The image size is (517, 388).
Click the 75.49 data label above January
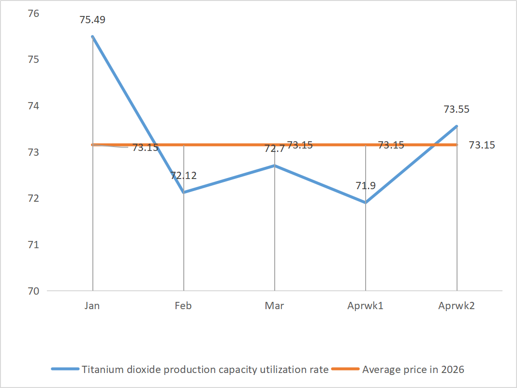(93, 20)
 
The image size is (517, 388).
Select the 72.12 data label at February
(183, 176)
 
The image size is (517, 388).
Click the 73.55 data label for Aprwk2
(456, 109)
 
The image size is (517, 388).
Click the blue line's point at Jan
(92, 37)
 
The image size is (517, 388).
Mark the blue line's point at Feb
(184, 193)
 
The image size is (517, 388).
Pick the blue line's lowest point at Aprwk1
(366, 203)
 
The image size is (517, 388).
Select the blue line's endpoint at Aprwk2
(457, 126)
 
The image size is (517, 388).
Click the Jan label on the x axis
(92, 306)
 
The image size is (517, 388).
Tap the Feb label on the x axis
(183, 306)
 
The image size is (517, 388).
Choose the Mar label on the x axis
(274, 306)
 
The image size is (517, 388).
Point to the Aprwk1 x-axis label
(365, 306)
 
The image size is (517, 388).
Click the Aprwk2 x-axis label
(456, 306)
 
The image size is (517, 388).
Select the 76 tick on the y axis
(33, 14)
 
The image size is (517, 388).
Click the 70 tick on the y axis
(33, 291)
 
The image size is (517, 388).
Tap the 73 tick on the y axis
(33, 152)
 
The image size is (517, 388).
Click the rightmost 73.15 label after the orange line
(482, 145)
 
